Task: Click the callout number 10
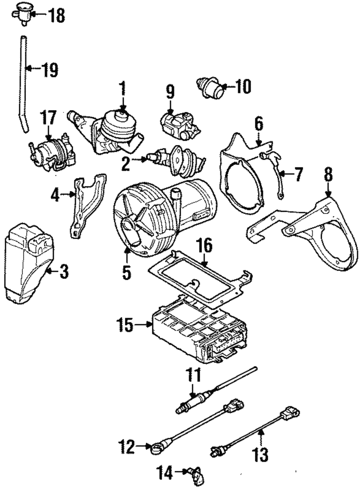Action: pos(242,86)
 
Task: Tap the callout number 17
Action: pos(49,118)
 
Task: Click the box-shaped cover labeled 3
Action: pos(27,262)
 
